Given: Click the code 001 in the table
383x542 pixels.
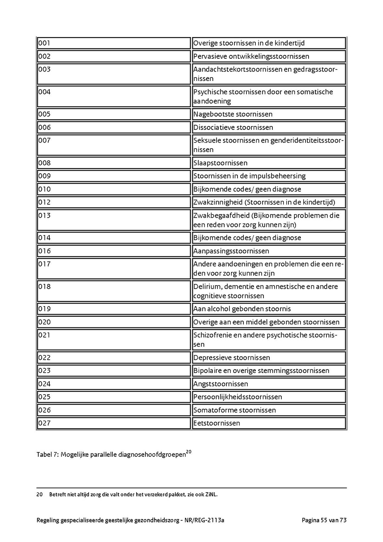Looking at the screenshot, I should pos(44,43).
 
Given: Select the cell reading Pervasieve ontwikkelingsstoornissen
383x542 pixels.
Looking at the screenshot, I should pos(251,56).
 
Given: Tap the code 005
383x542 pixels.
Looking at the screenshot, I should pos(44,114).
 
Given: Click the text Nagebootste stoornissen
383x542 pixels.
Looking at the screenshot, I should pos(233,114).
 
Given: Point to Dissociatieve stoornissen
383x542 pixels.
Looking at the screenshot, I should pos(233,127).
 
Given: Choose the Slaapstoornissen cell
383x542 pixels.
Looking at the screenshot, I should pos(220,163).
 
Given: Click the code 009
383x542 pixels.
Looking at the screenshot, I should pos(44,176).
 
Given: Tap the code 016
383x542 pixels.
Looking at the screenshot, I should pos(44,251).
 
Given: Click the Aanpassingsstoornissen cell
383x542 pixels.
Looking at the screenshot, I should pos(231,251).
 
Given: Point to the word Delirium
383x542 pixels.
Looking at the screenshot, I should pos(207,287).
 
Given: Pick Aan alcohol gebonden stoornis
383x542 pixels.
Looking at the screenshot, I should pos(242,309).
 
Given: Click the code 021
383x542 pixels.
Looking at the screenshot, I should pos(44,335).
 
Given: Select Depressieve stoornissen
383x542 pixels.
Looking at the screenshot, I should pos(232,358).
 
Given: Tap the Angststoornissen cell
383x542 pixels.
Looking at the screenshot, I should pos(220,384).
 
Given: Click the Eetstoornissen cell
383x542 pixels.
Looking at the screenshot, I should pos(217,423).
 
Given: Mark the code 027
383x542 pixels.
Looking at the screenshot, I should pos(44,423).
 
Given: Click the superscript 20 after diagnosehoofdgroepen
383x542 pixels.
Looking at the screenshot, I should pos(189,452).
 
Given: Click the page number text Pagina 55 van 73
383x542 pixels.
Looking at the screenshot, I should pos(324,520).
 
